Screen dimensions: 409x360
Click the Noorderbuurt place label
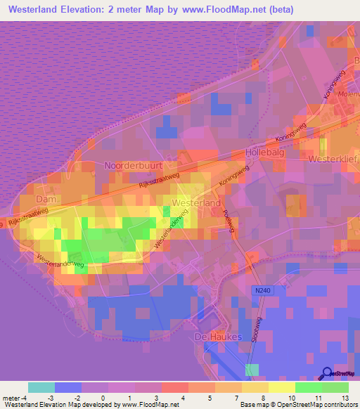click(x=134, y=165)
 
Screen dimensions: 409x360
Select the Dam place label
click(x=45, y=200)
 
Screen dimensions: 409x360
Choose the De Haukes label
click(x=217, y=337)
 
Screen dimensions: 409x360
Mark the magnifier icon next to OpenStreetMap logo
click(x=328, y=374)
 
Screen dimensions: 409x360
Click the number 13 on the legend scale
click(x=347, y=398)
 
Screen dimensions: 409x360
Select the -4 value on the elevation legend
click(x=24, y=398)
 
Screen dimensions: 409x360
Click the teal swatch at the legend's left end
click(x=41, y=387)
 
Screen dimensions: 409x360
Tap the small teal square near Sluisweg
click(x=252, y=370)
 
